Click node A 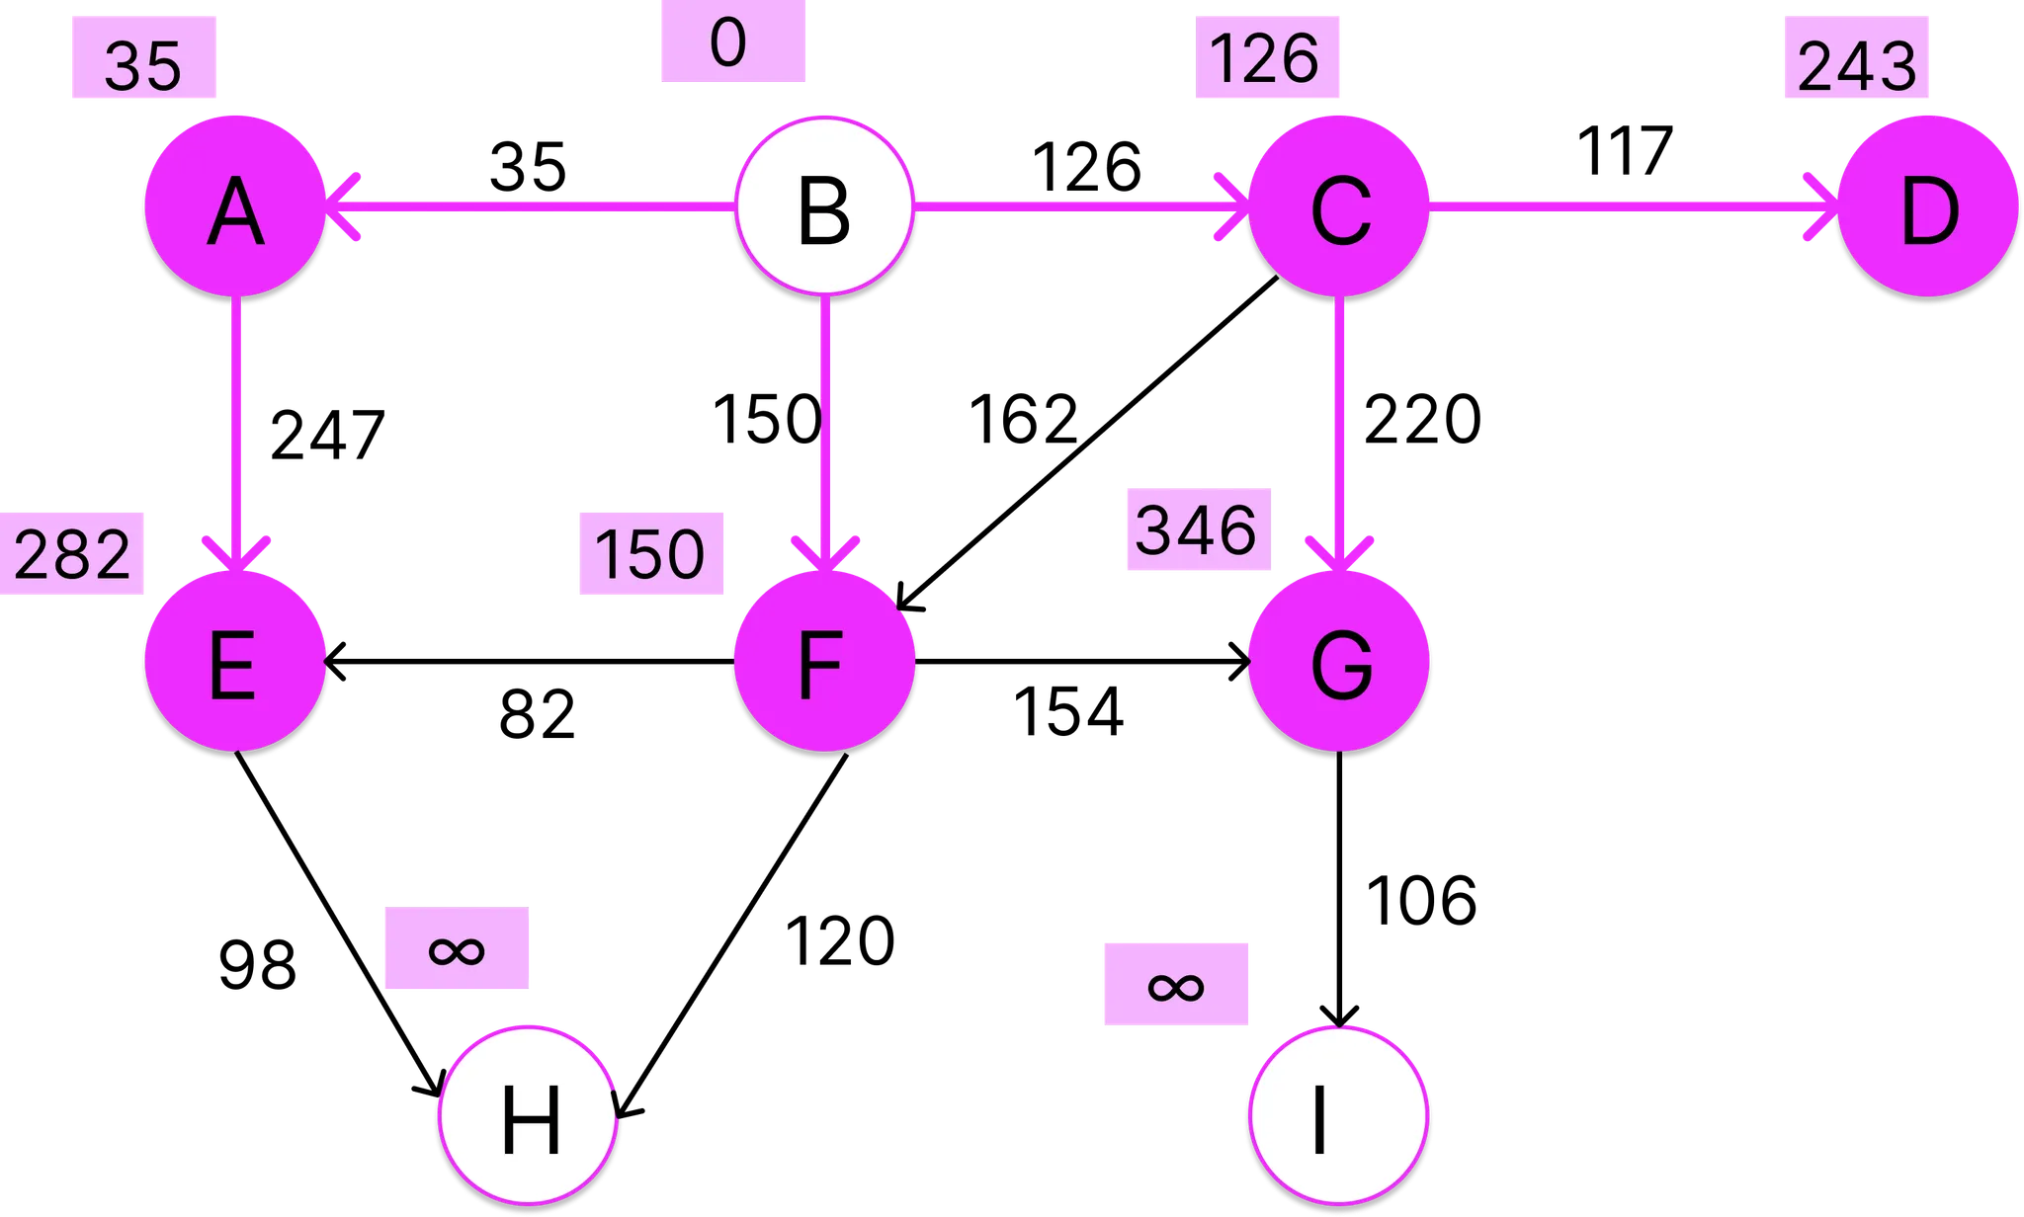click(x=235, y=206)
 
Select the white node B click(x=824, y=206)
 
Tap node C click(x=1339, y=206)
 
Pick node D click(x=1927, y=206)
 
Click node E click(x=235, y=662)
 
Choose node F click(x=824, y=662)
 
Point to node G click(x=1339, y=662)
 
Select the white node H click(x=529, y=1116)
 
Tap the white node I click(x=1339, y=1116)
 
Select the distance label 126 click(x=1267, y=58)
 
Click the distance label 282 click(x=72, y=553)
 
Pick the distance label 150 click(x=650, y=553)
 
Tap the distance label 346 click(x=1198, y=529)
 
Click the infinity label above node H click(x=457, y=948)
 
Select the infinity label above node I click(x=1175, y=985)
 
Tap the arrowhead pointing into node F click(x=825, y=555)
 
